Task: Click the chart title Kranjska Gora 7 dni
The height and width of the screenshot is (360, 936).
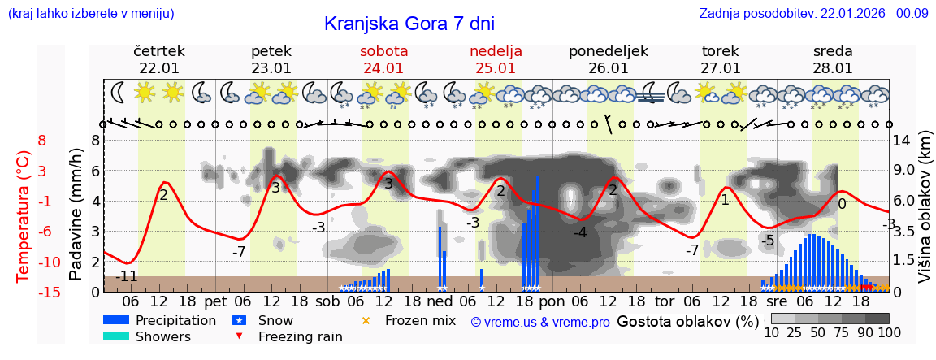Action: pos(409,24)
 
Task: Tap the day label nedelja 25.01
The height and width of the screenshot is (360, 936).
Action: pos(496,59)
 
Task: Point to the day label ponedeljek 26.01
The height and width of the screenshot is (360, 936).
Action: pos(608,59)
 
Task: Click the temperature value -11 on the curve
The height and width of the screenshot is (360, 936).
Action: pos(126,276)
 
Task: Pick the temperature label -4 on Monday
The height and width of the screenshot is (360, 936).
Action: pos(580,233)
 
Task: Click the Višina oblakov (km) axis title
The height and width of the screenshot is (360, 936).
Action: pos(925,215)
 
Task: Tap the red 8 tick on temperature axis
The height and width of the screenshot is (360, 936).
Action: pos(42,140)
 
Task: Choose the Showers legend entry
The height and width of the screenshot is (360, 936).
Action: pos(163,336)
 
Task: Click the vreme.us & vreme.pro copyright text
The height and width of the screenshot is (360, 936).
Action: pos(540,323)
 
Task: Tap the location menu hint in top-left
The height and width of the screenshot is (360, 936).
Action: pos(91,13)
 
